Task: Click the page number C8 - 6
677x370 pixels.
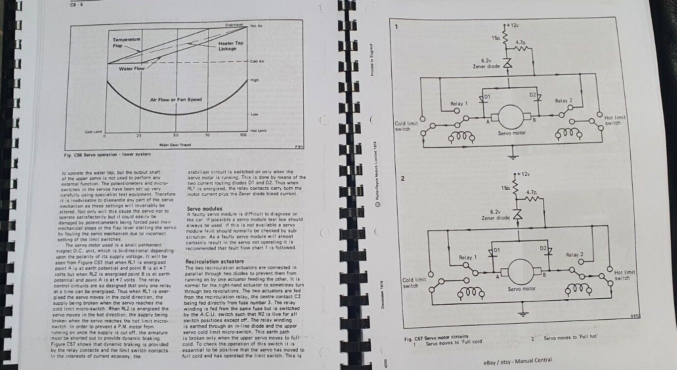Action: (x=77, y=5)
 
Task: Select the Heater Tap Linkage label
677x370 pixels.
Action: (x=231, y=46)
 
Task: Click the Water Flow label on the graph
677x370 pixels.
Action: (x=131, y=69)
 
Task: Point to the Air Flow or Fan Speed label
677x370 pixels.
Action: (x=176, y=100)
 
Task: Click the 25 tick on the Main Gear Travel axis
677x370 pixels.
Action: (x=139, y=135)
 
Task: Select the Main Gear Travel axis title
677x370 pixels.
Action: (x=173, y=145)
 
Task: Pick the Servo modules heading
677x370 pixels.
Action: (x=204, y=209)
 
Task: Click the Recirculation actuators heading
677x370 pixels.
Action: (x=216, y=261)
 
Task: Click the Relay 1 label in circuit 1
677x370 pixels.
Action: (x=459, y=104)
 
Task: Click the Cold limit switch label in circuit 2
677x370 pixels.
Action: (x=413, y=282)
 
